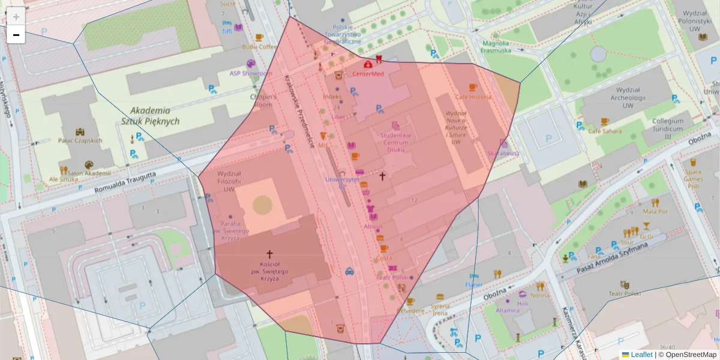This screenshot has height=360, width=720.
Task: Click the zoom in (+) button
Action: pos(16,16)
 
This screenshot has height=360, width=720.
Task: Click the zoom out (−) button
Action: pos(16,35)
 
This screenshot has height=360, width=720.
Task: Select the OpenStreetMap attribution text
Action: pos(691,355)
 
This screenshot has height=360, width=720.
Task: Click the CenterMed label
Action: pos(368,74)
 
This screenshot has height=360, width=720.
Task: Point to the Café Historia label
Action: pos(473,97)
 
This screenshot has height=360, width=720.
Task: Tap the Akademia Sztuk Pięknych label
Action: pos(150,116)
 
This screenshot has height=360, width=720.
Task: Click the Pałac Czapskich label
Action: pos(80,140)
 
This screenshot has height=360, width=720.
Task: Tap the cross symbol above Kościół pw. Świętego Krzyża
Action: pos(269,254)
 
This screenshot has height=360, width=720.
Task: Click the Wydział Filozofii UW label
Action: pos(229,181)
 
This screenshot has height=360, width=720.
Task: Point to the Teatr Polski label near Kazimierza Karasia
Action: pos(625,293)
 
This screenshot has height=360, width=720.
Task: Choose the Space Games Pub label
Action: pos(693,178)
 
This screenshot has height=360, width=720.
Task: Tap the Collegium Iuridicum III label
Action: pos(668,128)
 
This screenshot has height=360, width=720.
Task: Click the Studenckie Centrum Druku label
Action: pos(395,142)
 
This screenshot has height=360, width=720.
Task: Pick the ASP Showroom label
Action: pos(251,73)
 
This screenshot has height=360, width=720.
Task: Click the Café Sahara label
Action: pos(604,131)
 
